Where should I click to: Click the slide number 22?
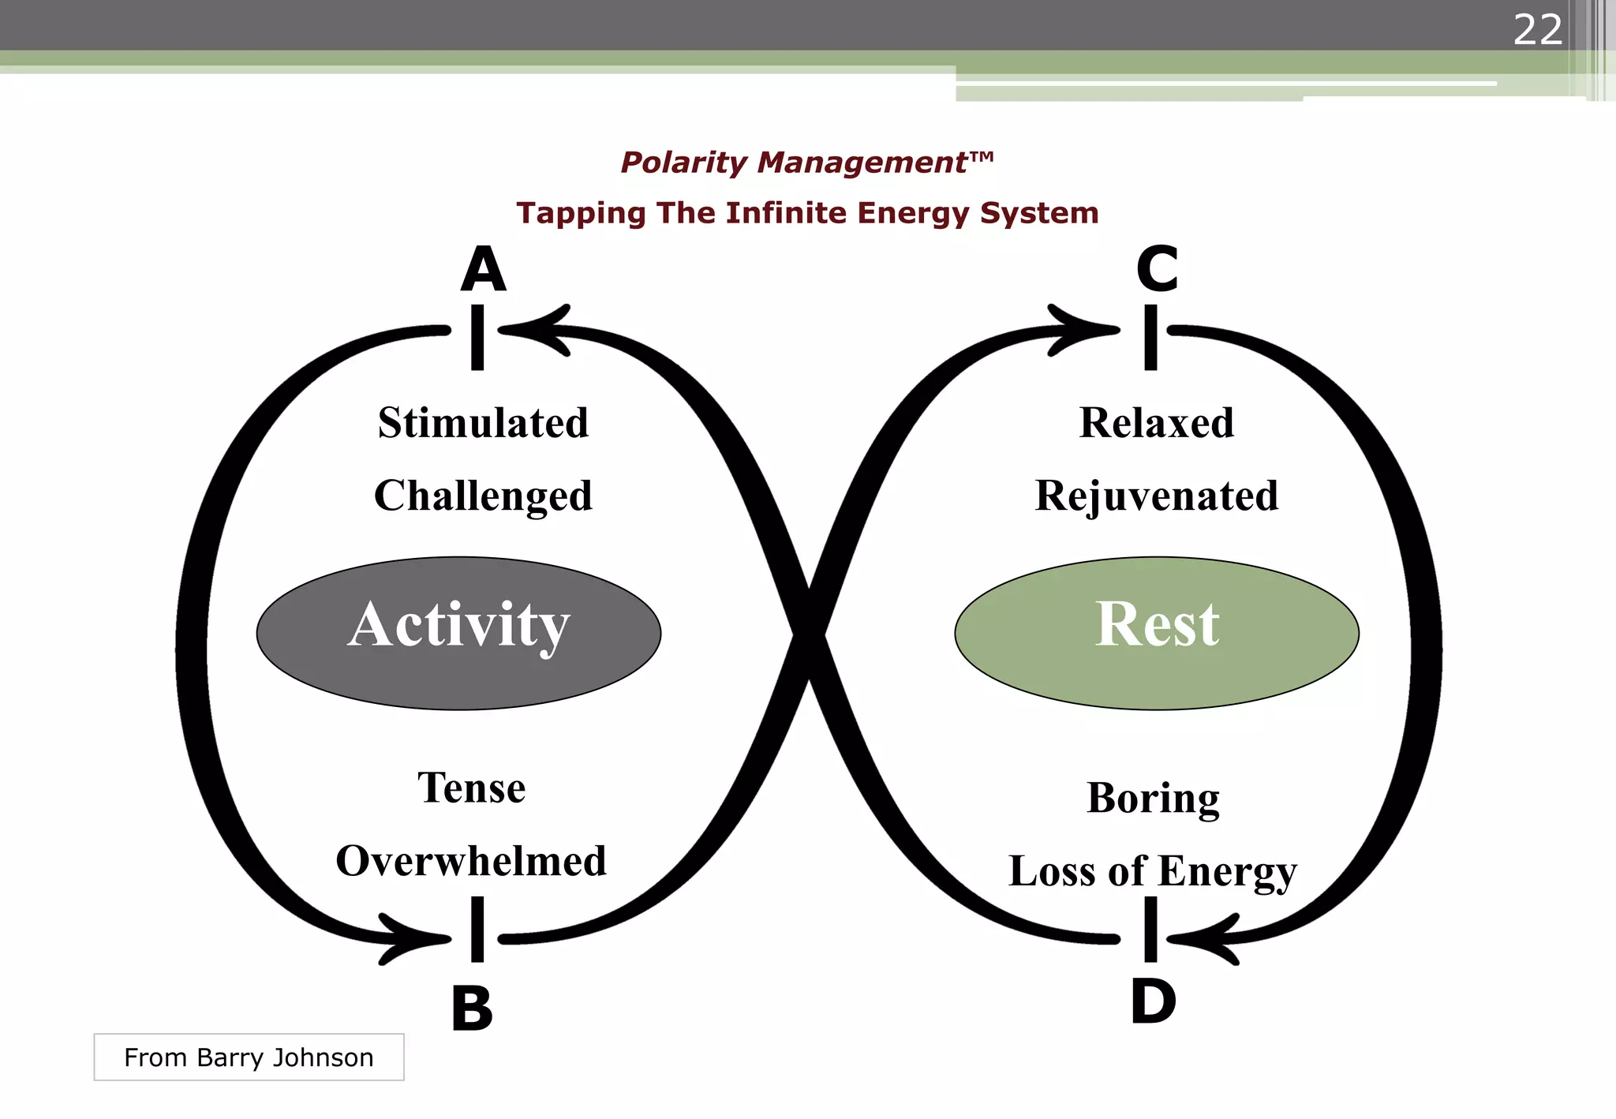[x=1537, y=30]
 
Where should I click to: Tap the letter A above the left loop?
[x=483, y=270]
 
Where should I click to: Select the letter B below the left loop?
[x=472, y=1009]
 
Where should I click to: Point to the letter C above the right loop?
[x=1157, y=270]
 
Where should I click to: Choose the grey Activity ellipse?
[x=458, y=633]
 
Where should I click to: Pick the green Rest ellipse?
[x=1157, y=633]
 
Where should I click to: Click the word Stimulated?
[x=483, y=423]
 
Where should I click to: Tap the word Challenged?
[x=483, y=496]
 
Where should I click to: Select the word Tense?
[x=471, y=788]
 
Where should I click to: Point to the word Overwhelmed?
[x=471, y=861]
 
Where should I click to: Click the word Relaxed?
[x=1156, y=423]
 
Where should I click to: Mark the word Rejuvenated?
[x=1156, y=496]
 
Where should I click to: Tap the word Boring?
[x=1153, y=799]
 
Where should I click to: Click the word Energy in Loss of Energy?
[x=1227, y=872]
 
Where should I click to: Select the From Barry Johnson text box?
[x=249, y=1057]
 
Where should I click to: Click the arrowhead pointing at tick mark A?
[x=541, y=330]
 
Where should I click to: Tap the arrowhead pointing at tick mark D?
[x=1207, y=939]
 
